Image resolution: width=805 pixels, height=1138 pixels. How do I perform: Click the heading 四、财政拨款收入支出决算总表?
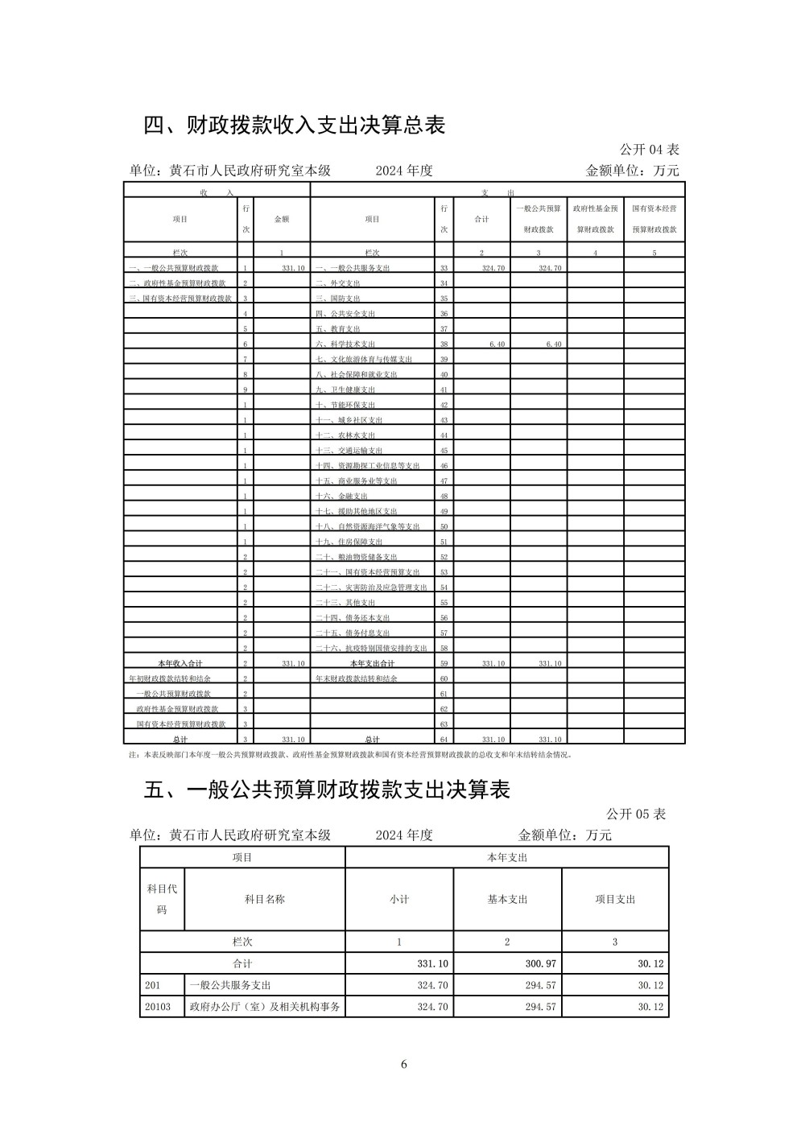pos(295,126)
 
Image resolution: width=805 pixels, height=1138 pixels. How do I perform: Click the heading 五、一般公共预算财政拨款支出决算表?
pos(328,790)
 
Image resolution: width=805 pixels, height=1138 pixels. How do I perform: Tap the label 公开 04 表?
pos(649,150)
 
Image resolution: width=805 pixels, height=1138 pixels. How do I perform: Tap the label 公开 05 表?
pos(636,814)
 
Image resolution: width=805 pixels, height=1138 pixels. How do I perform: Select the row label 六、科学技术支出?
pos(345,344)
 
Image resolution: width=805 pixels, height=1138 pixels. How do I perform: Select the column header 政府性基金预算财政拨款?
pos(595,218)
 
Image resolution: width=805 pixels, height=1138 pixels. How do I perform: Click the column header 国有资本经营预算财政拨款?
pos(654,218)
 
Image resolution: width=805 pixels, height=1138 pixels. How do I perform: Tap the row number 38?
pos(444,344)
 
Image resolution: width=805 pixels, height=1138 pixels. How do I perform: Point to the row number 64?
pos(444,739)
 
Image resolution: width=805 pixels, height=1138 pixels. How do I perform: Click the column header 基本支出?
pos(507,899)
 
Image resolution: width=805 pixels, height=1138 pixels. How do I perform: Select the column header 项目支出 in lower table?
pos(615,899)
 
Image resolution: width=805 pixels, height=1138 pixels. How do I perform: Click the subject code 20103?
pos(158,1006)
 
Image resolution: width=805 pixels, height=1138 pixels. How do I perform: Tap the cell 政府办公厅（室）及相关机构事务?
pos(264,1006)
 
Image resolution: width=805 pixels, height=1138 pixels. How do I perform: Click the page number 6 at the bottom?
pos(404,1065)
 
